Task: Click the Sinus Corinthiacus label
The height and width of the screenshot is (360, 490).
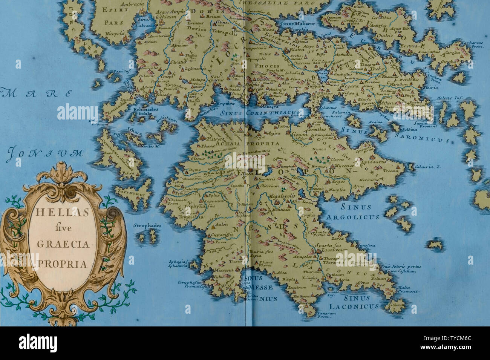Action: pos(260,112)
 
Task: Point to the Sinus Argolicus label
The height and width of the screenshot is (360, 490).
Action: pos(352,212)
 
